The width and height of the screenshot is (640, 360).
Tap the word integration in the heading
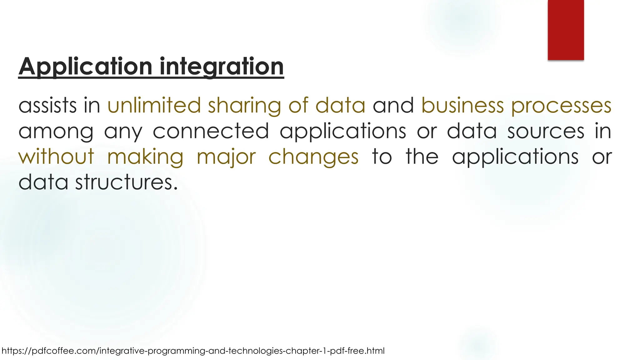222,67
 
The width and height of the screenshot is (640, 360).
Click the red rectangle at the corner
566,30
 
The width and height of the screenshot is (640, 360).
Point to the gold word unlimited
154,105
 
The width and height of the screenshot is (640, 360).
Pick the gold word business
462,105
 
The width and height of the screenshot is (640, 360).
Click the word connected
211,131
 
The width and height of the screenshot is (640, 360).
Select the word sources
546,132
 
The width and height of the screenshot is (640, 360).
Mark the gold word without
56,157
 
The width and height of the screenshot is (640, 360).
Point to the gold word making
145,157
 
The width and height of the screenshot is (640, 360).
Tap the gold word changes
313,157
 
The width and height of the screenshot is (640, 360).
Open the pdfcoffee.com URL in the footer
193,351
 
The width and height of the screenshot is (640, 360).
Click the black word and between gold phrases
393,105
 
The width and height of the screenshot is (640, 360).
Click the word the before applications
422,157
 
